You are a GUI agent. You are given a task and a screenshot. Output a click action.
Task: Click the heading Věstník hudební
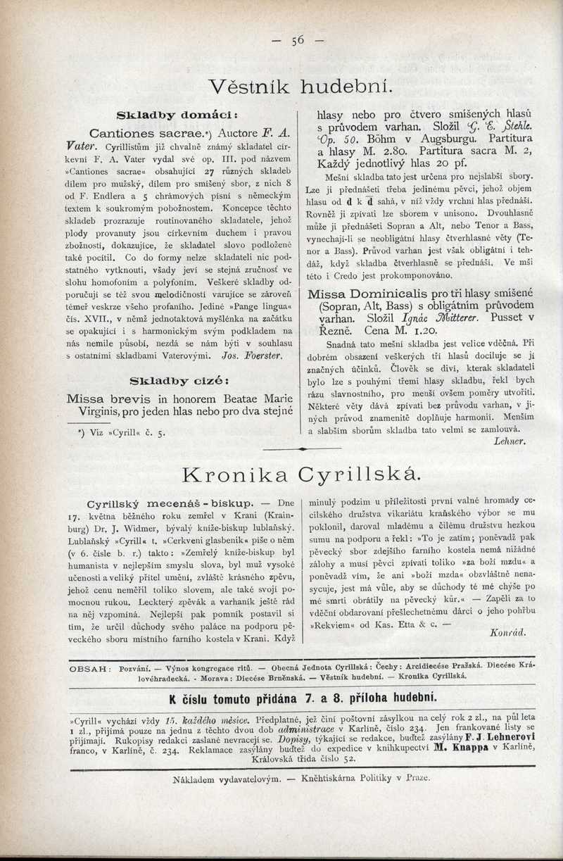pyautogui.click(x=299, y=87)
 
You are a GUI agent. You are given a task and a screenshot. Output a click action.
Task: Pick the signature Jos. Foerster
pyautogui.click(x=251, y=357)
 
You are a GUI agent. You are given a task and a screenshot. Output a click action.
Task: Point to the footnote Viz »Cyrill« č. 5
pyautogui.click(x=121, y=433)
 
